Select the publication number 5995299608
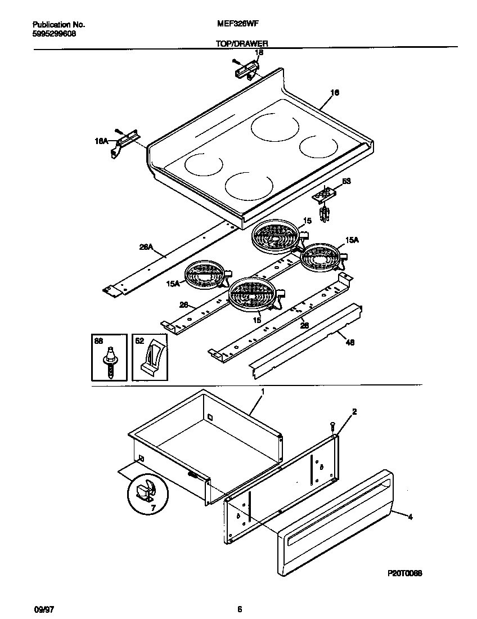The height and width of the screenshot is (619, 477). pyautogui.click(x=55, y=34)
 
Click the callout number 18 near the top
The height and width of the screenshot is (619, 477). pyautogui.click(x=259, y=53)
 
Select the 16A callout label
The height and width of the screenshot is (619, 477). pyautogui.click(x=101, y=142)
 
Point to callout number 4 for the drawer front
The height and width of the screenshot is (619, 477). pyautogui.click(x=410, y=517)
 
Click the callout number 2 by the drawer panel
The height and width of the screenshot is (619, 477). pyautogui.click(x=354, y=412)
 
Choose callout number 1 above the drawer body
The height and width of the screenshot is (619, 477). pyautogui.click(x=262, y=391)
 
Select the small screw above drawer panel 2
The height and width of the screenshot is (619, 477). pyautogui.click(x=333, y=426)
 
